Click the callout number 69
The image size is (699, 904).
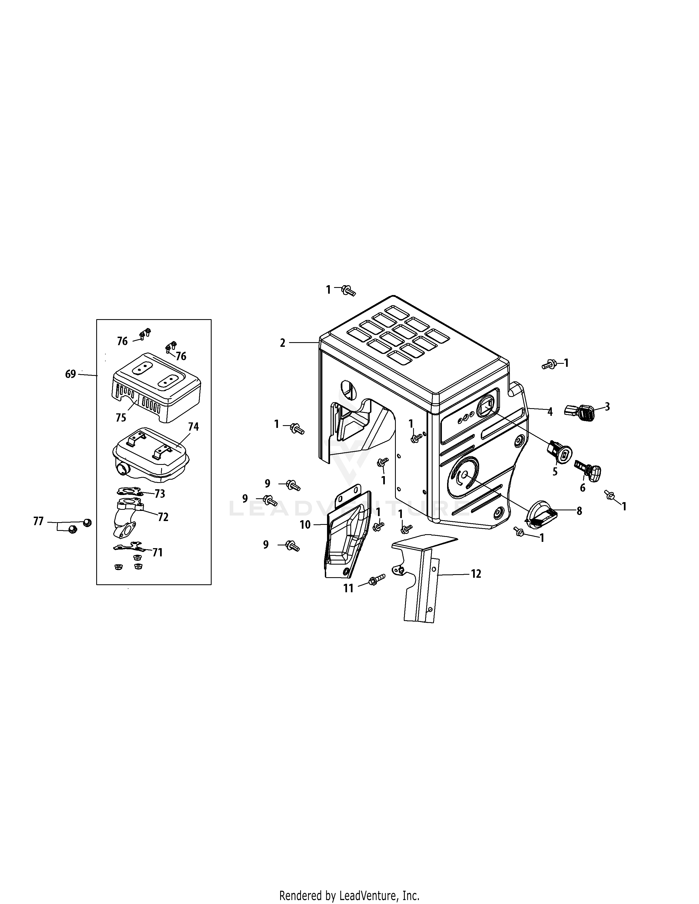(70, 374)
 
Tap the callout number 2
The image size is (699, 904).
(282, 343)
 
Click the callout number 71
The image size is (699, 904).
(157, 552)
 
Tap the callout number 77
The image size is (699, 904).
(38, 522)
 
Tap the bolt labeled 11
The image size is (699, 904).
(376, 579)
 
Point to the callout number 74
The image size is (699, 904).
(193, 427)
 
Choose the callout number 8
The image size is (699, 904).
(579, 511)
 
